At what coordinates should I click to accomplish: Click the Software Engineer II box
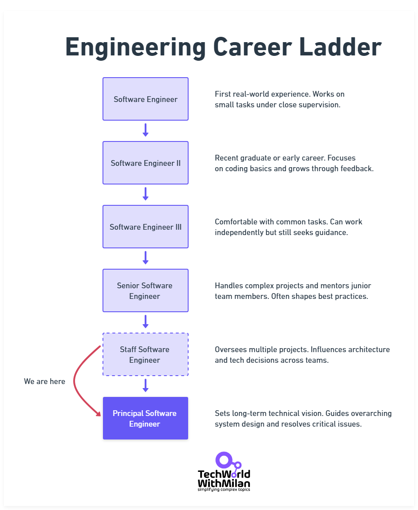point(146,163)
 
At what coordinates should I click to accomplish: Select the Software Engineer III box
point(146,227)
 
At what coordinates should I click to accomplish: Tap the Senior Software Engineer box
point(146,290)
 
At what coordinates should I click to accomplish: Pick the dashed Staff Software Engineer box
point(146,354)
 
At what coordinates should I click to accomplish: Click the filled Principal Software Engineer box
point(146,418)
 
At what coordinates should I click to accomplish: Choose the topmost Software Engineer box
point(146,99)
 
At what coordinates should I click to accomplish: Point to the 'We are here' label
point(44,381)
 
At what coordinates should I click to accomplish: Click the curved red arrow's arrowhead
point(99,414)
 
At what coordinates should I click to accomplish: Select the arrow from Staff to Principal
point(146,385)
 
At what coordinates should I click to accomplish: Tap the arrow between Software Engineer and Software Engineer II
point(146,130)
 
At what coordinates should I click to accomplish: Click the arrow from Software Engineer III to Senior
point(146,258)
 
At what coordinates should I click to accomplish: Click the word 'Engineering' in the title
point(135,47)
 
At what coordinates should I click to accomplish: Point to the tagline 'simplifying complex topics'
point(224,490)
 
